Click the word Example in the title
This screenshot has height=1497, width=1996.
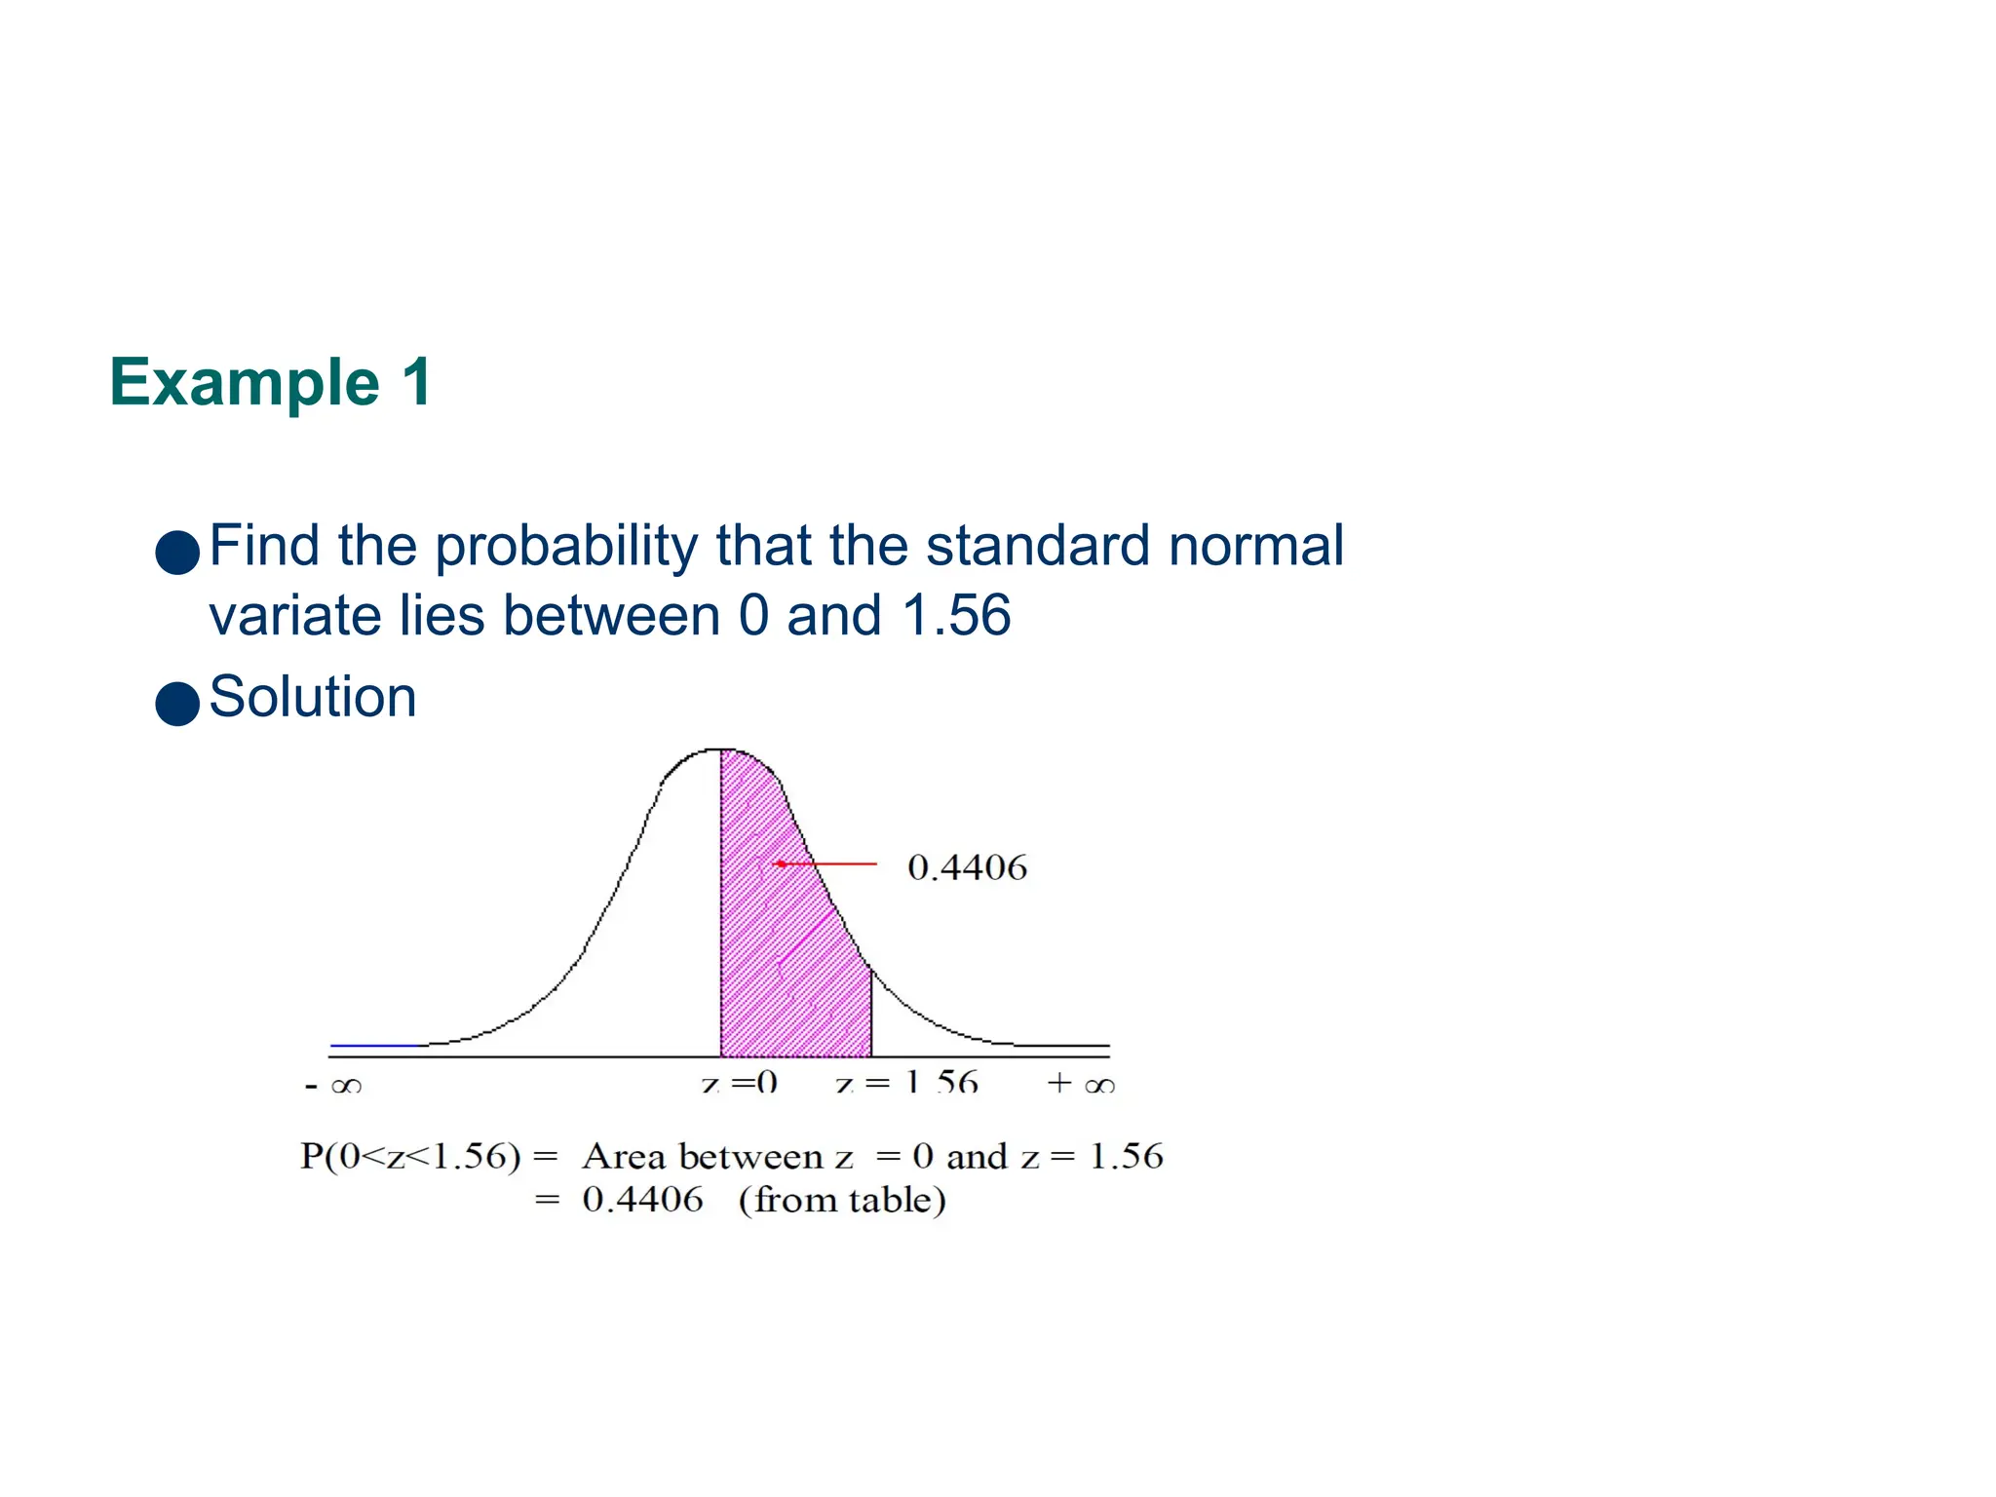(244, 383)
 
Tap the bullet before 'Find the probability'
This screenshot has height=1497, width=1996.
(177, 552)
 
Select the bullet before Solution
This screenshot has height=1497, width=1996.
(177, 703)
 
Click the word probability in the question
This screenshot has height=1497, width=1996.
(565, 546)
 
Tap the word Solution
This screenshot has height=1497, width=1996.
(312, 698)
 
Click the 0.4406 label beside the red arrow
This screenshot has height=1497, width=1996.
(967, 867)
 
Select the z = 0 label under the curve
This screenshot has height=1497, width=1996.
(739, 1083)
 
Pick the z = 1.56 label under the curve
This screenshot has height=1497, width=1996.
(906, 1083)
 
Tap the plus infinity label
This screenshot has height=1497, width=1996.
(1080, 1084)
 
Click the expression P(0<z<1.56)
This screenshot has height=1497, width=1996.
(409, 1157)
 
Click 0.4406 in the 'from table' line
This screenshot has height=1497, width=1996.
(642, 1200)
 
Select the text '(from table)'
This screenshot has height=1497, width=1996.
(842, 1200)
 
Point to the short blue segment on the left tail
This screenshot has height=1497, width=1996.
(375, 1045)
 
